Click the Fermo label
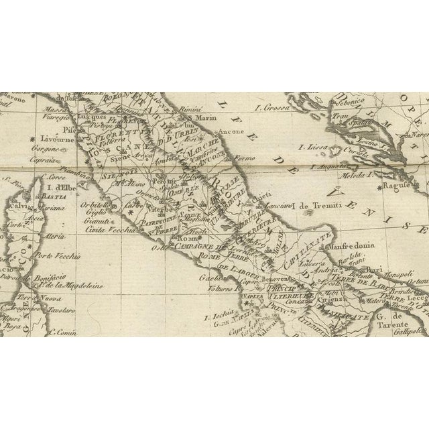(251, 158)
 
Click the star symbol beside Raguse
(380, 184)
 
